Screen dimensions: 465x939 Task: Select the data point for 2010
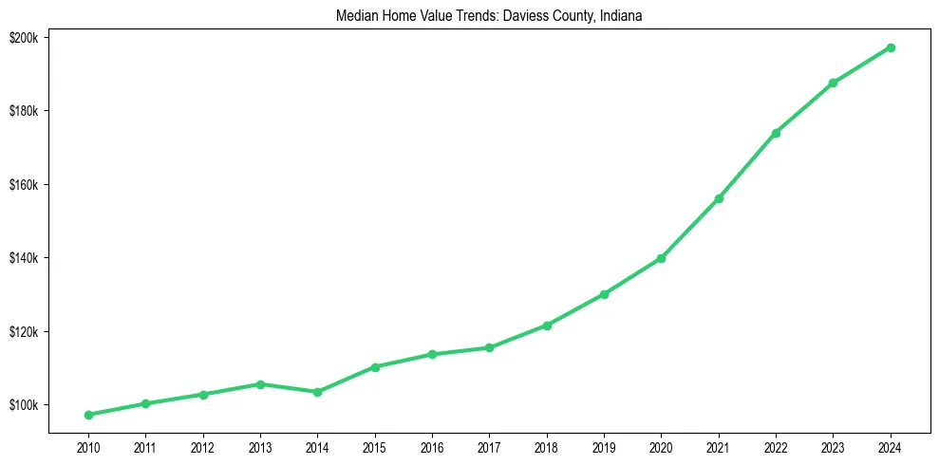[88, 415]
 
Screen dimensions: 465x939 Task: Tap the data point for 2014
[317, 392]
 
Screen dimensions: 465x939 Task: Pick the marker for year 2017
[489, 347]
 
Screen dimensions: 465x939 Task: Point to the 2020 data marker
[661, 258]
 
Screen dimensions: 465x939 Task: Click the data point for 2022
[776, 133]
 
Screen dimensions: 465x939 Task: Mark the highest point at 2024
[891, 47]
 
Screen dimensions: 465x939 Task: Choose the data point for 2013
[260, 384]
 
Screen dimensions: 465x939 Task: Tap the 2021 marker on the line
[719, 198]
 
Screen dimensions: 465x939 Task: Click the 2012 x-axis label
[202, 446]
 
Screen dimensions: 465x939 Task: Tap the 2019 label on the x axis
[604, 446]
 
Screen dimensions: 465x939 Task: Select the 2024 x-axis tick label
[891, 446]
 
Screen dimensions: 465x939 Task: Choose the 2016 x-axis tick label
[432, 446]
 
